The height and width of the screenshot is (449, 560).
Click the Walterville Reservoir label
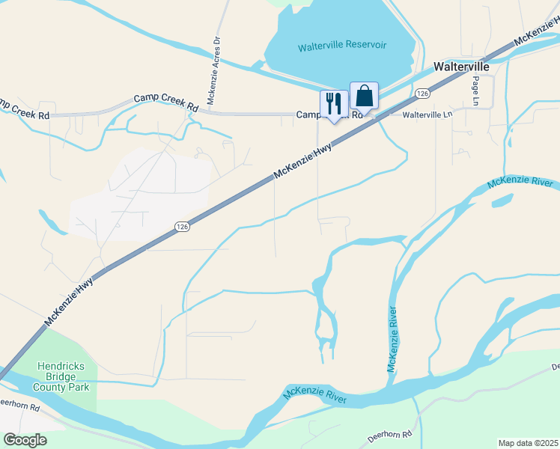pos(342,46)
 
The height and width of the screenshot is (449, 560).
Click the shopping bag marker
pos(364,97)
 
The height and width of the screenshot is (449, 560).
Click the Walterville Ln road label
pos(428,115)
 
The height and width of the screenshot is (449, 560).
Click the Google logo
pos(25,440)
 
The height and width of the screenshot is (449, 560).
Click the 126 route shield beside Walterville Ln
pos(423,94)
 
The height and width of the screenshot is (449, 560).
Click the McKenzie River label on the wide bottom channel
pos(314,396)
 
